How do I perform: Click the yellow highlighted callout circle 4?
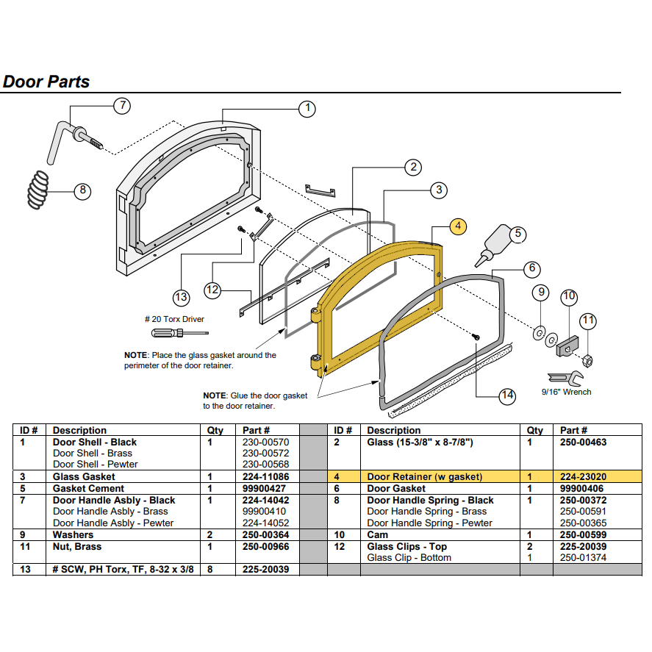click(x=458, y=226)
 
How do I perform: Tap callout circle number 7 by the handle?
click(x=122, y=105)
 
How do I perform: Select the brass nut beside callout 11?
click(x=588, y=359)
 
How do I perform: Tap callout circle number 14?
click(x=507, y=395)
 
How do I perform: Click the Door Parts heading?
click(x=46, y=82)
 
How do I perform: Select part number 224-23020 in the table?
click(x=583, y=476)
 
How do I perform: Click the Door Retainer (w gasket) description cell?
click(x=425, y=476)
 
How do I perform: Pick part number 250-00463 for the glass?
click(x=583, y=443)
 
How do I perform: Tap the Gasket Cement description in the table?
click(x=88, y=488)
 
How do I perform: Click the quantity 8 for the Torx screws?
click(x=209, y=569)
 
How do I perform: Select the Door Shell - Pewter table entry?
click(x=95, y=464)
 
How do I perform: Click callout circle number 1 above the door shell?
click(x=307, y=109)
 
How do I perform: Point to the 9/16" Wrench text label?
click(x=566, y=392)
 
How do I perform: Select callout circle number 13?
click(x=181, y=297)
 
